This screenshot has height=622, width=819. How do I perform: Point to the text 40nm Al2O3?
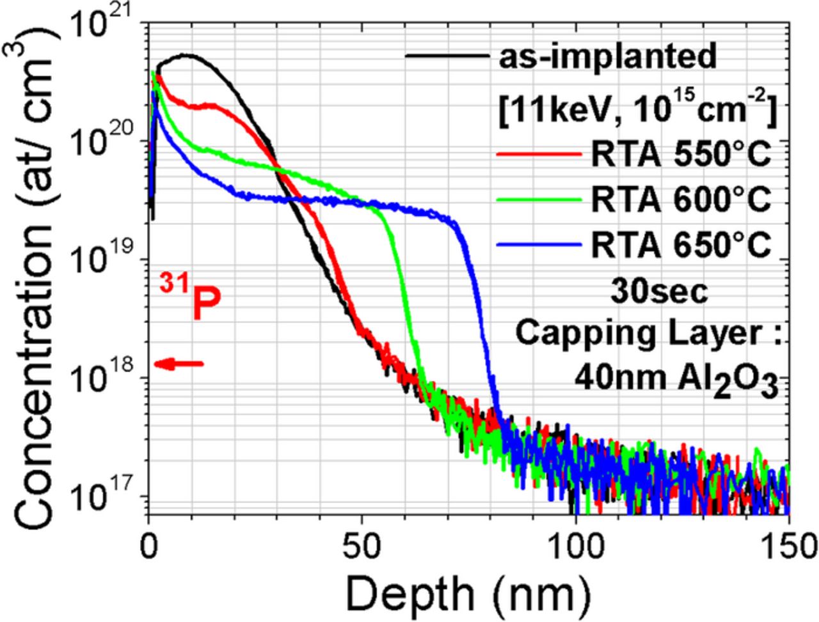[676, 378]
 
